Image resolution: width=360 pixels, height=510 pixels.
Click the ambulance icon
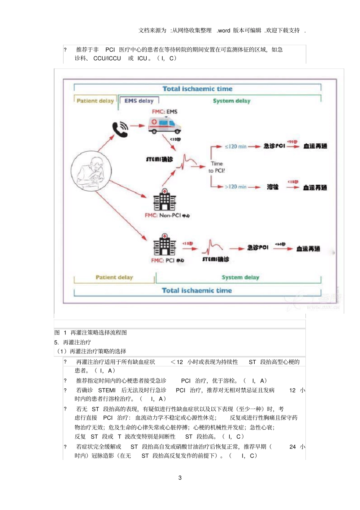point(164,125)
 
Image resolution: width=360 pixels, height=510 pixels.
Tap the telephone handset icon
point(120,129)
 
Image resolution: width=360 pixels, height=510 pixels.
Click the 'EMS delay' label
point(139,101)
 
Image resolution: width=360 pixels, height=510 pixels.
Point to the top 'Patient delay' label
point(95,101)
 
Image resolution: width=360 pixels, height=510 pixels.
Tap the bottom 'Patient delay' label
point(114,278)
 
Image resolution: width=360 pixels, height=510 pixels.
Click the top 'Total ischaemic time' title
point(197,89)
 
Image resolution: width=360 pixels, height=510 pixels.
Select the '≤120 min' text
point(235,146)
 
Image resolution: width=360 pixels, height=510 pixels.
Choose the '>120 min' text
point(235,187)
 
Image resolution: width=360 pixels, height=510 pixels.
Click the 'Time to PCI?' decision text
point(217,167)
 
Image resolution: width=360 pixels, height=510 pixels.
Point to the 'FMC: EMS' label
point(164,111)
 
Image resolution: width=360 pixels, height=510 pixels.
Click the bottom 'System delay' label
point(240,278)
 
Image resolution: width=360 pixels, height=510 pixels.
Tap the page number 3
point(180,478)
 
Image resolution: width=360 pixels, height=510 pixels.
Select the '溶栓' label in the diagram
point(272,187)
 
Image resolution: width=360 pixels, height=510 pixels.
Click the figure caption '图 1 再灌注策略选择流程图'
point(91,333)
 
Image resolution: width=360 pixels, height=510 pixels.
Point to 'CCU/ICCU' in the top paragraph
point(107,58)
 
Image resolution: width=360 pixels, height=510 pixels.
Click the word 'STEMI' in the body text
point(107,390)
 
